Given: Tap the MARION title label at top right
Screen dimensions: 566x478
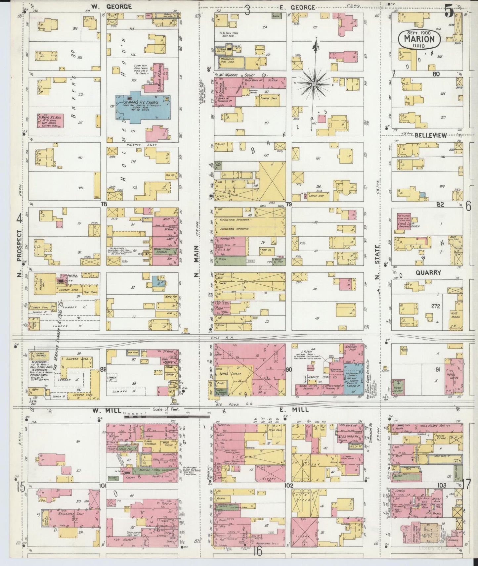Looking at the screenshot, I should pos(419,39).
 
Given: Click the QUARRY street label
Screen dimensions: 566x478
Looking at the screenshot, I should pos(428,273).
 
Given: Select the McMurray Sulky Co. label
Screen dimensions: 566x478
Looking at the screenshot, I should pos(243,75).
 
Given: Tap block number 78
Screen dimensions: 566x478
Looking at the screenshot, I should pos(104,205).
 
